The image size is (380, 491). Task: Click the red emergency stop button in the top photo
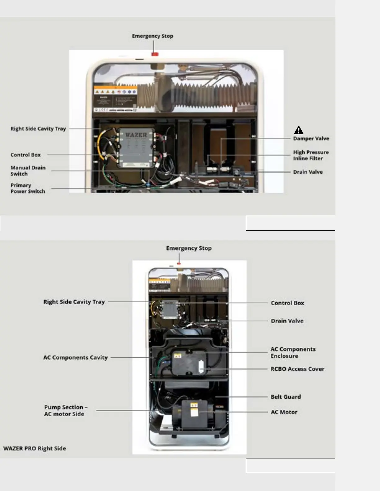(x=155, y=54)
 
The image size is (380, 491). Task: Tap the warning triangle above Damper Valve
(x=299, y=130)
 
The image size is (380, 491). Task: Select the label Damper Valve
(x=311, y=139)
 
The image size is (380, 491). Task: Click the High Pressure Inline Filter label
(x=311, y=155)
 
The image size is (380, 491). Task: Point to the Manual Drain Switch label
(x=28, y=171)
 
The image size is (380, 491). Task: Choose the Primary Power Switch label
(x=28, y=188)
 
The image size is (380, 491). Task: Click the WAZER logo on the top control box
(x=136, y=135)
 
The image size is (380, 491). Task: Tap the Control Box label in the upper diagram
(x=25, y=155)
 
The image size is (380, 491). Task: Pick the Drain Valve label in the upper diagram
(x=308, y=172)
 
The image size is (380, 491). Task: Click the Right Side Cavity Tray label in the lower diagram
(x=74, y=302)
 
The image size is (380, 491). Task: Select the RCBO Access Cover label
(x=297, y=369)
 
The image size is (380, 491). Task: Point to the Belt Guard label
(x=286, y=397)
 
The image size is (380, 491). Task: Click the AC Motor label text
(x=284, y=412)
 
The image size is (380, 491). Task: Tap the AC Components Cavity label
(x=75, y=357)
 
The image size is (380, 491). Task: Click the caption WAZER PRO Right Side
(x=34, y=449)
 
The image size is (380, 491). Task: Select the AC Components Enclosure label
(x=293, y=352)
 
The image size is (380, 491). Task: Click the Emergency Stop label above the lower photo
(x=189, y=248)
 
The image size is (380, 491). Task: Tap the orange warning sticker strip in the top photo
(x=115, y=91)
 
